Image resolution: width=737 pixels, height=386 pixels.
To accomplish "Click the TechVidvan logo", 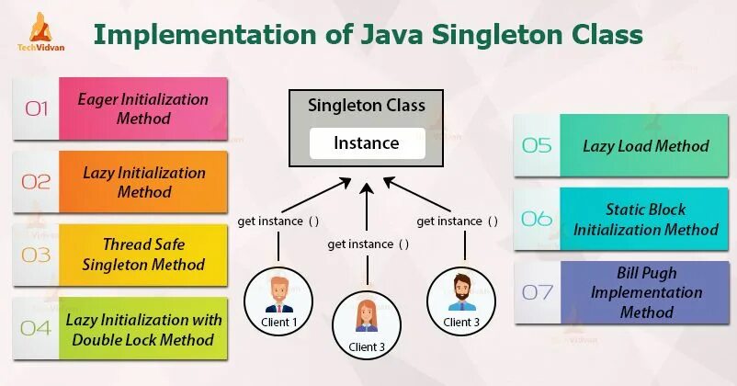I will click(x=39, y=36).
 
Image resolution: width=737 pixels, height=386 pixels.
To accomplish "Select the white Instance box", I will click(x=366, y=143).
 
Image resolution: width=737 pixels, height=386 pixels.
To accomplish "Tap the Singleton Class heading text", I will click(x=366, y=106).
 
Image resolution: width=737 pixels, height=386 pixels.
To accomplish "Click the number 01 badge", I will click(x=36, y=108).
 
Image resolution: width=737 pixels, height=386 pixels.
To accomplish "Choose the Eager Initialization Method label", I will click(x=143, y=108).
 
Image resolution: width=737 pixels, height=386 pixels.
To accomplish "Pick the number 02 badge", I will click(x=36, y=182).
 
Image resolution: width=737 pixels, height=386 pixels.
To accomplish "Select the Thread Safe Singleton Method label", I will click(x=143, y=255).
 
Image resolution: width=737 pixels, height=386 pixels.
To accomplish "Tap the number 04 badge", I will click(x=36, y=329).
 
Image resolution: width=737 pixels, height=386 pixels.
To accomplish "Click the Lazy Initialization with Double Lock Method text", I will click(x=143, y=329).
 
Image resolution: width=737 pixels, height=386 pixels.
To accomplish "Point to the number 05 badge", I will click(x=537, y=145).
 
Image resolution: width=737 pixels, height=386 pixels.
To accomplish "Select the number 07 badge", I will click(x=537, y=292).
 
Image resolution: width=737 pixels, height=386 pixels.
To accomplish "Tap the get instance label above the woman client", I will click(x=368, y=244).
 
